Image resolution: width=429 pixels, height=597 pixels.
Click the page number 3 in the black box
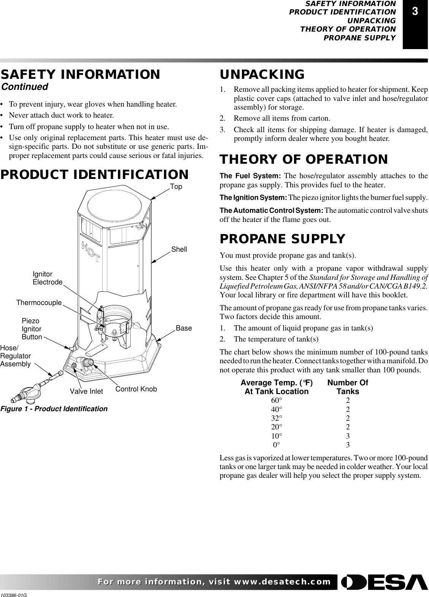click(415, 12)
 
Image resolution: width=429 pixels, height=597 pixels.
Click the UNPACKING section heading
click(262, 74)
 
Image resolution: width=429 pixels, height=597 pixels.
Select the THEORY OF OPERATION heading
click(304, 159)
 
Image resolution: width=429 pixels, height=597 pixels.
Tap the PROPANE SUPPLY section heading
click(283, 239)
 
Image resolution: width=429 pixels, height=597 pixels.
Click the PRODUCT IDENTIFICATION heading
click(94, 175)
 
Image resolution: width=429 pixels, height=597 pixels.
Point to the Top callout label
click(176, 187)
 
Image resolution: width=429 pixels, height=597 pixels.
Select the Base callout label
click(184, 328)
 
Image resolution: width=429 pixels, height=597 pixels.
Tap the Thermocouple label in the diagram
click(39, 302)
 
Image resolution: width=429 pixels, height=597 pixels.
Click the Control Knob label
click(136, 389)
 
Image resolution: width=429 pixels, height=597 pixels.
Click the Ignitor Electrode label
click(47, 278)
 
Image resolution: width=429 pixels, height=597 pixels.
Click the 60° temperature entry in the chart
click(276, 401)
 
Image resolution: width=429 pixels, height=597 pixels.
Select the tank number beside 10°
click(348, 436)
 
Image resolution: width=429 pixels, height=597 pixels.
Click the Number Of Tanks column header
click(348, 387)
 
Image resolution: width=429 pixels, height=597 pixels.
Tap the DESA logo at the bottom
click(384, 582)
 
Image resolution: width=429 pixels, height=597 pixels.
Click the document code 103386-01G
click(16, 594)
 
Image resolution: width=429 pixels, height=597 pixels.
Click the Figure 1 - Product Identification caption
click(54, 409)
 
